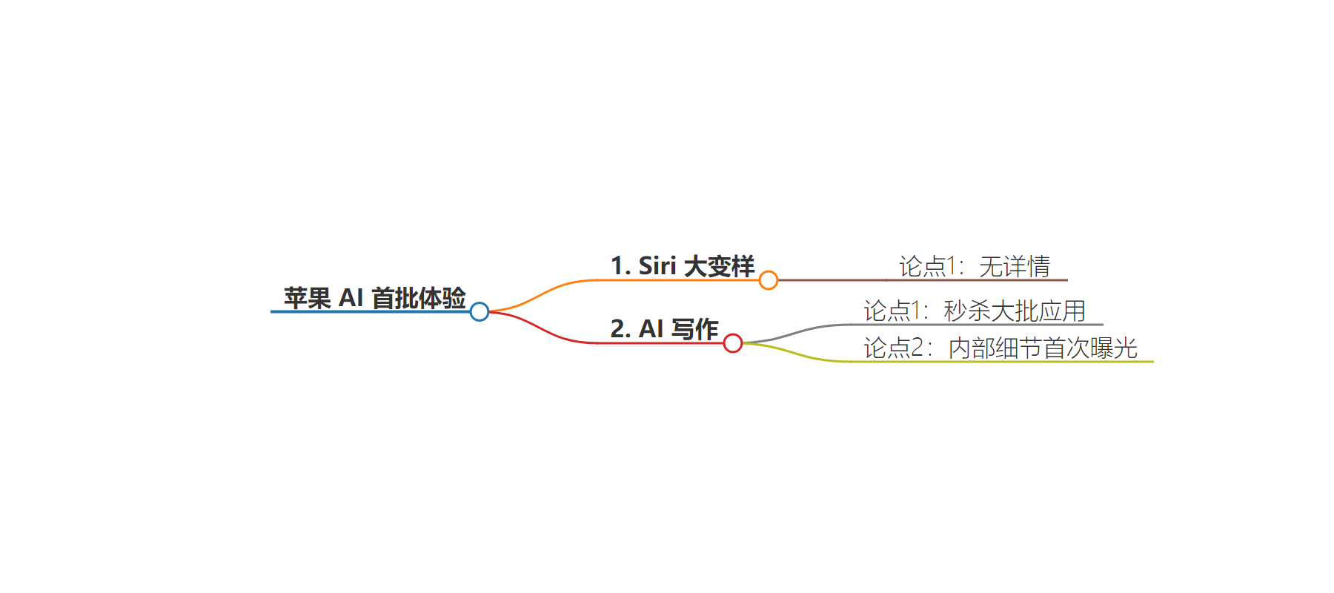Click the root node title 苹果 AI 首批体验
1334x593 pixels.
pos(375,298)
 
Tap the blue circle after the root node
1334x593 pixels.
pos(479,312)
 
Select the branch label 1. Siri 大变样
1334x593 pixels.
pos(683,266)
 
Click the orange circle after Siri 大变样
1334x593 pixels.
pos(769,280)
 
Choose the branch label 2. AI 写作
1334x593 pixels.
pos(665,329)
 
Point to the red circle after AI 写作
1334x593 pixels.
pos(733,343)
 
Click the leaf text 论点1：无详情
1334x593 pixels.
pos(975,266)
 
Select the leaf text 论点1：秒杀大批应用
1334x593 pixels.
pos(975,311)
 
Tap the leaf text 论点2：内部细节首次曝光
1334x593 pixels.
pos(1001,348)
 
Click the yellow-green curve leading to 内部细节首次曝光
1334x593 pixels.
pos(797,354)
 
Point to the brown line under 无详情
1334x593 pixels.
pos(923,280)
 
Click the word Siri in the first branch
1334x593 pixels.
pos(657,266)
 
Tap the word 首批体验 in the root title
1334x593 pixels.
pos(419,298)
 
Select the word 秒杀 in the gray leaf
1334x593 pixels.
pos(967,311)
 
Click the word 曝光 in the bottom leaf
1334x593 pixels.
pos(1114,348)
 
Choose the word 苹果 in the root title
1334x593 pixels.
pos(308,298)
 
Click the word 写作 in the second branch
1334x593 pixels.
pos(695,329)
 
